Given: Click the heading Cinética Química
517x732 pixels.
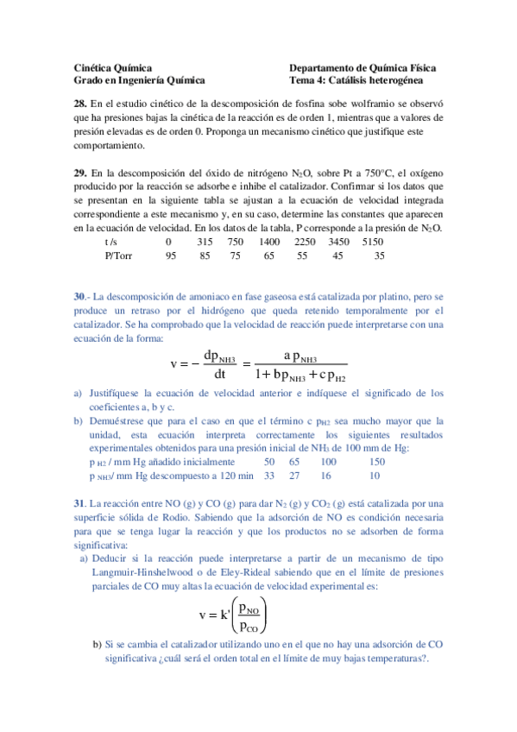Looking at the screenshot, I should pos(113,67).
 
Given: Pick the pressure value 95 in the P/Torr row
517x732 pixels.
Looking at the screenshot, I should pos(171,256).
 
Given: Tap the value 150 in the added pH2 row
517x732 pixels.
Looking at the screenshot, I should pos(376,462).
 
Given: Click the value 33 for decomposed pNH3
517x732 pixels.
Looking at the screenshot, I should pos(269,475).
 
